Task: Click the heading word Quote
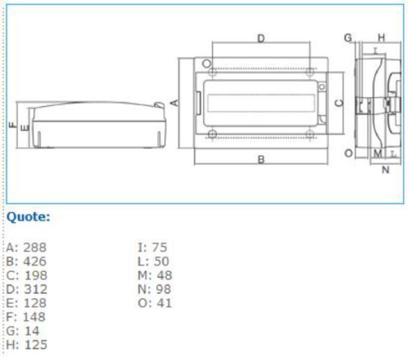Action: click(28, 217)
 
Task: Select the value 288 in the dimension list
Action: click(35, 247)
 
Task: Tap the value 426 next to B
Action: click(35, 261)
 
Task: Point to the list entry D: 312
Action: click(26, 289)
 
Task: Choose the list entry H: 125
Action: click(26, 345)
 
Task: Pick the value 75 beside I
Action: click(159, 247)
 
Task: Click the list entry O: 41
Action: click(155, 303)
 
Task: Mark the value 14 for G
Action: click(32, 331)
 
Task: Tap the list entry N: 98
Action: click(154, 289)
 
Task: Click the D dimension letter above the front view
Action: click(261, 39)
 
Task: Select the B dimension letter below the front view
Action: click(261, 159)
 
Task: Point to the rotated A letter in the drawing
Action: click(175, 103)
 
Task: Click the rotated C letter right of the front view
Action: click(339, 103)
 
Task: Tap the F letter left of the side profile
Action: click(13, 125)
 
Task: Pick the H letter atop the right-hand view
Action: click(381, 38)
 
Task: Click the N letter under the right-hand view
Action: click(385, 170)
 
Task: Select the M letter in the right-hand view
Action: click(378, 154)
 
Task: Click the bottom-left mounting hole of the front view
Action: click(212, 134)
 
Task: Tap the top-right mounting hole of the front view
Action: click(310, 72)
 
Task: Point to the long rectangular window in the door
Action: click(261, 103)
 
